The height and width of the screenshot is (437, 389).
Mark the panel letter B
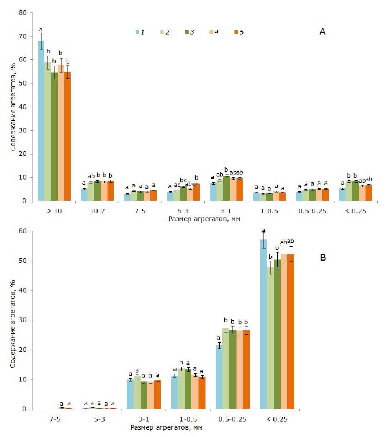323,257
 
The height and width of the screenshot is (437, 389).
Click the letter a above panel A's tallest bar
41,29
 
